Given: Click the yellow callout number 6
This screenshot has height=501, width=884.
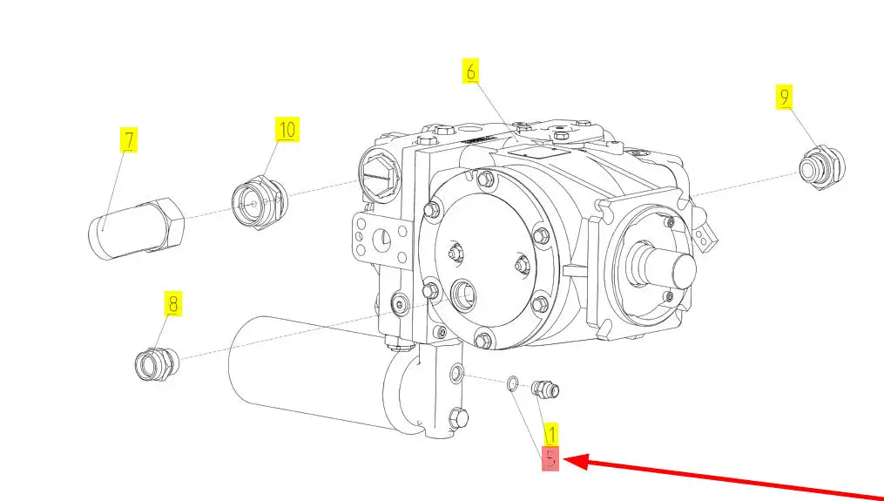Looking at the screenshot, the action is point(471,71).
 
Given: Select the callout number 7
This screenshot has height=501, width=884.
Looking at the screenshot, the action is point(129,140).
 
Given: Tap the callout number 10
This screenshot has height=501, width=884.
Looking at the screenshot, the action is point(287,130).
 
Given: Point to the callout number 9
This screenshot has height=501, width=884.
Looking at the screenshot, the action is point(784,97).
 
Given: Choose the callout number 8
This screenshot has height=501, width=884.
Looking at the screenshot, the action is point(172,304).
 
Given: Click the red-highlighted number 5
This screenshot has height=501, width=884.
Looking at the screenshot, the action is point(550,458).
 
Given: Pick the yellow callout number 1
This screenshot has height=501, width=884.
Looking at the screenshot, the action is point(550,435).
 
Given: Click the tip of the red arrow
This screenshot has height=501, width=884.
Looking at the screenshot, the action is point(563,460).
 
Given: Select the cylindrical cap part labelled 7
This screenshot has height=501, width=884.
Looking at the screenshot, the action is point(137,229).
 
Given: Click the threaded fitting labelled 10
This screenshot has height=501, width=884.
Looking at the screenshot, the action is point(260,201).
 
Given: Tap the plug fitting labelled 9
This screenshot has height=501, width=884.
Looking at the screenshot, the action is point(822,167).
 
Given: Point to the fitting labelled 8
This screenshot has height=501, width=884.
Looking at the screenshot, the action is point(156,364).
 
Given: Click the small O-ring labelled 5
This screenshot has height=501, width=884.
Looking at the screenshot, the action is point(513,383).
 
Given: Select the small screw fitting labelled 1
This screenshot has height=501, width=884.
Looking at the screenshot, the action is point(545,389).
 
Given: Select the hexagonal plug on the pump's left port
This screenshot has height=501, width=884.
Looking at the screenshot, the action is point(380,177).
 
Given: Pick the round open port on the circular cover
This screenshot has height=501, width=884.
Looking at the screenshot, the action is point(463,295).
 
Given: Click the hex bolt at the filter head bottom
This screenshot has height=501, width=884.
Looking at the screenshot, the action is point(459,418).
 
